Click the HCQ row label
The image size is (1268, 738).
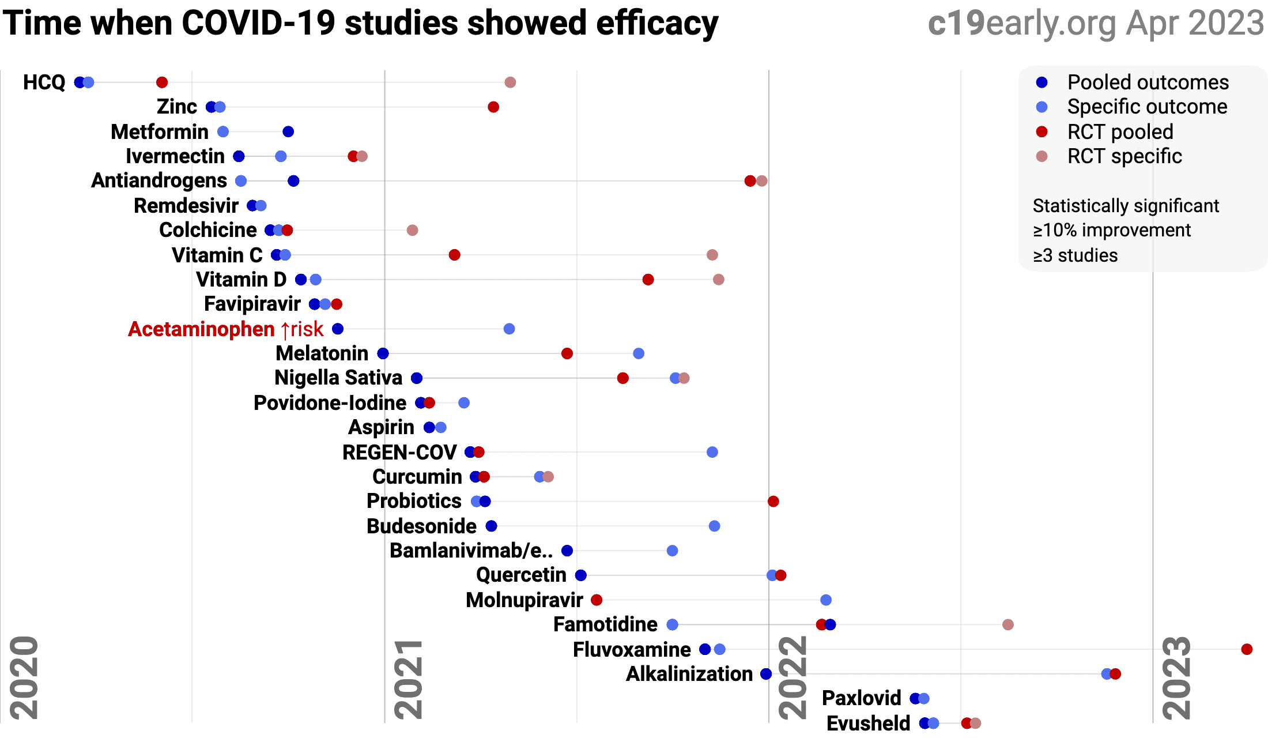(44, 82)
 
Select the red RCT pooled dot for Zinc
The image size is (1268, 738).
(493, 107)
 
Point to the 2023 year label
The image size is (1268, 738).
(1176, 677)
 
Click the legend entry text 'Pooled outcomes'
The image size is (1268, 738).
(1148, 82)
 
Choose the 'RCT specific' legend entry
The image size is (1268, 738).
(1124, 156)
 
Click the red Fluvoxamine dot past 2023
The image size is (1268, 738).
(1247, 649)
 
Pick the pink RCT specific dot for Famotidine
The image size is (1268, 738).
(1008, 624)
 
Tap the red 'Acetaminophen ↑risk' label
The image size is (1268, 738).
(225, 329)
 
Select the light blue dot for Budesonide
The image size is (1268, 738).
(714, 526)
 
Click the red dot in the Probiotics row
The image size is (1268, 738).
(773, 501)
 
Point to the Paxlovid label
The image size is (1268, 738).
(861, 698)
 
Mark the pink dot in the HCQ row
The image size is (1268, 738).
(510, 82)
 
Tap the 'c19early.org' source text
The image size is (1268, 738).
(1023, 23)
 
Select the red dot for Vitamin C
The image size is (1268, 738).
(454, 255)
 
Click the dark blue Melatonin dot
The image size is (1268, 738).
(383, 353)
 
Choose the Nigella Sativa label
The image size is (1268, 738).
(338, 378)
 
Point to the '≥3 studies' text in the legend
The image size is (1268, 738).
(1075, 255)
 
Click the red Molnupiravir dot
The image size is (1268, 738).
(597, 600)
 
